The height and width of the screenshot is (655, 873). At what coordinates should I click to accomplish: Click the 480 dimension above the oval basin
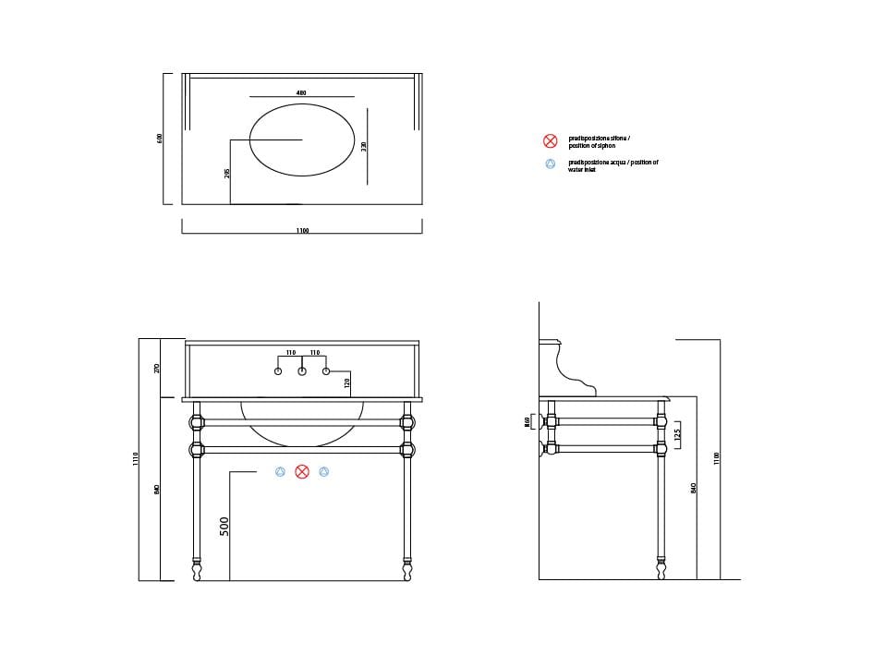point(301,92)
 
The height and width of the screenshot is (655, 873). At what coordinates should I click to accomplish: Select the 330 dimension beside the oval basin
point(365,148)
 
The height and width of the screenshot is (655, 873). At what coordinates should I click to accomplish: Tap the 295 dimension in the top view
point(226,173)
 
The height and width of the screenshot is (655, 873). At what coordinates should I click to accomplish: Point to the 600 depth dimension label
point(160,139)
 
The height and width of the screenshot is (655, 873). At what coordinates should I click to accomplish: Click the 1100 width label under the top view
point(302,230)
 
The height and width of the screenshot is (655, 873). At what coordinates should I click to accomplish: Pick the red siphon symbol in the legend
point(550,140)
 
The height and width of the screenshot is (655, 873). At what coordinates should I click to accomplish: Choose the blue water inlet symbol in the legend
point(550,164)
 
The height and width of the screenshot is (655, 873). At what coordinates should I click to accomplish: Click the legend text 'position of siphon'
point(592,145)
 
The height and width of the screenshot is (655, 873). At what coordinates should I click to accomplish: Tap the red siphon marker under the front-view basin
point(302,472)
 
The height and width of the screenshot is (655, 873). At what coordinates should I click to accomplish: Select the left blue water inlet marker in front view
point(281,472)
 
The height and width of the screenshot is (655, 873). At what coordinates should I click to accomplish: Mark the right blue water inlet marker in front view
point(323,472)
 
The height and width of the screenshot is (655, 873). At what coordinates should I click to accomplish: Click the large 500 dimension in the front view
point(224,527)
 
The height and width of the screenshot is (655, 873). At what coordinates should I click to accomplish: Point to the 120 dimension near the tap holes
point(346,383)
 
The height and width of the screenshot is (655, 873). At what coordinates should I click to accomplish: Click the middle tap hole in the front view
point(302,371)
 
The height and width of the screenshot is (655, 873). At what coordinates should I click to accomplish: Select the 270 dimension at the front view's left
point(157,368)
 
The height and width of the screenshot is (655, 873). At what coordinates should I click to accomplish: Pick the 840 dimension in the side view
point(694,488)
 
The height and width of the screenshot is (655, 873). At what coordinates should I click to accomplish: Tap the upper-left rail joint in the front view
point(197,423)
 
